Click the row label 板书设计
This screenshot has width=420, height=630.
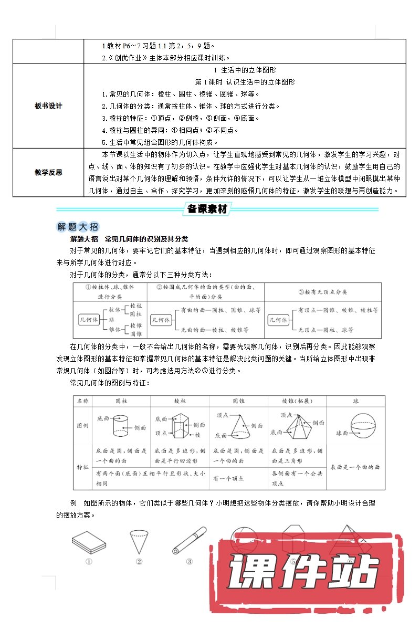48,106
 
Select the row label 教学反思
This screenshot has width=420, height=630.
48,172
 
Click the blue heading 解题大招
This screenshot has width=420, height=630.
77,227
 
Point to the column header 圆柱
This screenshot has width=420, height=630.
121,401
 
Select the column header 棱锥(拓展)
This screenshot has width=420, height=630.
297,401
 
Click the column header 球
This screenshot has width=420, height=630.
355,401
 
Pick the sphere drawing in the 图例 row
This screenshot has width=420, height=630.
362,425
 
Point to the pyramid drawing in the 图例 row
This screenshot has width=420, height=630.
297,425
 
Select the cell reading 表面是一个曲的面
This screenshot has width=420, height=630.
355,467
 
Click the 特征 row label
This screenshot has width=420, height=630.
82,467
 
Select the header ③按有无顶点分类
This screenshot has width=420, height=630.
322,292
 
